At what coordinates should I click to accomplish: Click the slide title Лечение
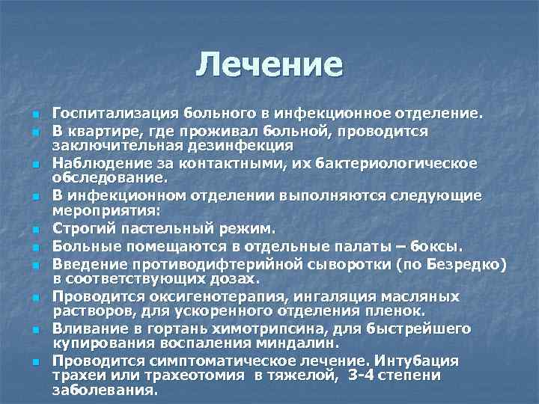(x=269, y=65)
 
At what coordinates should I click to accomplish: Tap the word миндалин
(x=306, y=343)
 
